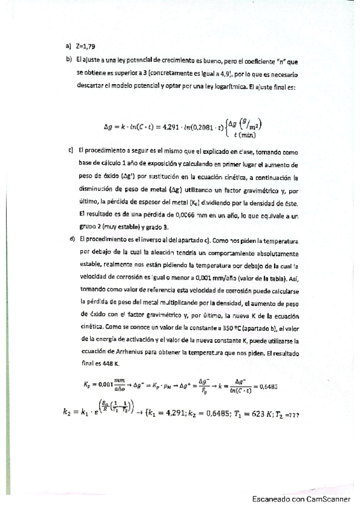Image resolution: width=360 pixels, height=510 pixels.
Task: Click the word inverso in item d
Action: click(x=139, y=239)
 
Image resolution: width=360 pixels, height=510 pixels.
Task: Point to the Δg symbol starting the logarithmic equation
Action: click(x=109, y=127)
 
